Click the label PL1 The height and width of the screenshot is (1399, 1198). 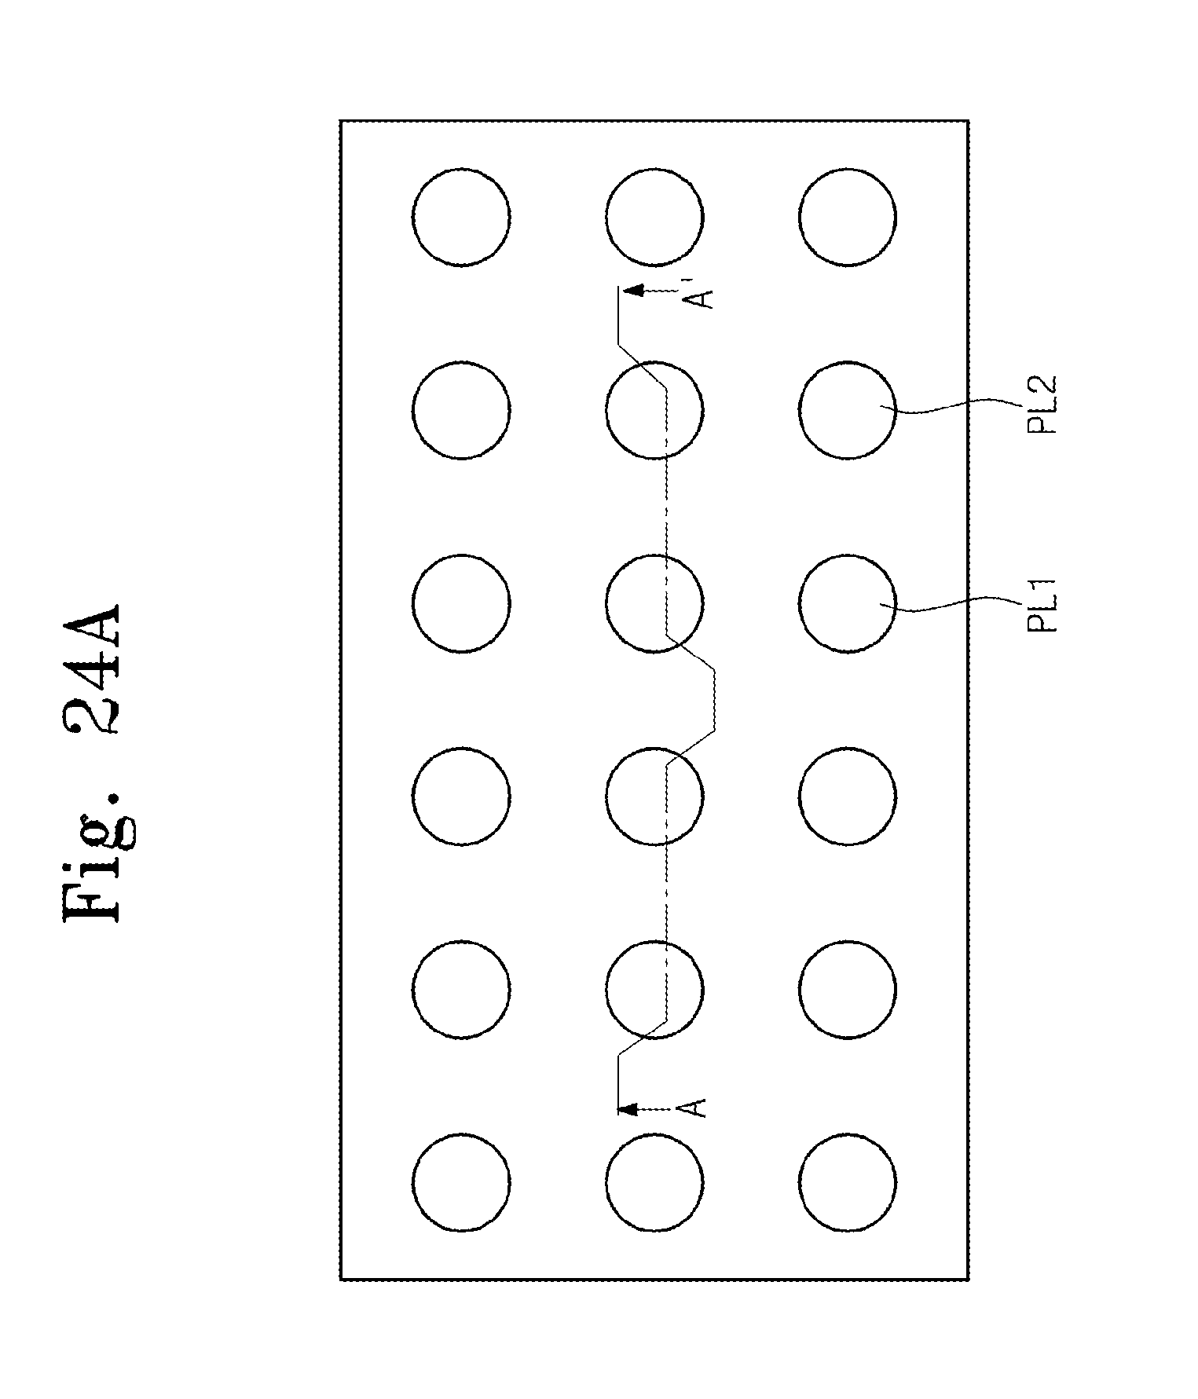[x=1044, y=604]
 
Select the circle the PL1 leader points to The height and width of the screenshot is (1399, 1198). [x=847, y=603]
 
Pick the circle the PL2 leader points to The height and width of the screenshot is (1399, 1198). [x=847, y=409]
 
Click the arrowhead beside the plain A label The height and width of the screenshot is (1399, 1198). [x=628, y=1108]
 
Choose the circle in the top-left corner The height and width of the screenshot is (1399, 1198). [x=461, y=217]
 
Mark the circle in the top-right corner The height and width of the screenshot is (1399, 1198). [x=847, y=217]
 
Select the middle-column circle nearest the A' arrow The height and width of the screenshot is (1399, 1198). [x=654, y=217]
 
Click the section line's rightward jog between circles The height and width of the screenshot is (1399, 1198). [x=715, y=700]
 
